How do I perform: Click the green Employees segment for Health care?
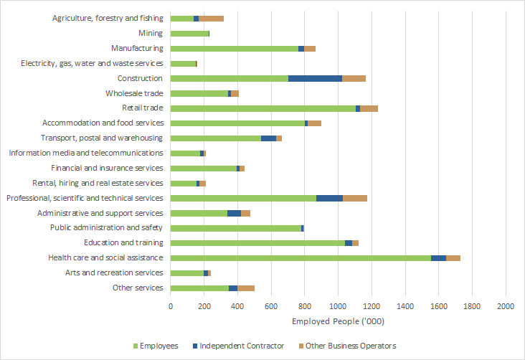click(x=301, y=257)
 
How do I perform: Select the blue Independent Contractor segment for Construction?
click(x=315, y=78)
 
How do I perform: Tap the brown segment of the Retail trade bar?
click(x=369, y=108)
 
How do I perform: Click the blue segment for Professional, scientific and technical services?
click(x=329, y=198)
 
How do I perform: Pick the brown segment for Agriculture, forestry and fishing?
click(x=211, y=18)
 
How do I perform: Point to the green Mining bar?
click(x=189, y=33)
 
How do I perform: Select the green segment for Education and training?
click(x=257, y=243)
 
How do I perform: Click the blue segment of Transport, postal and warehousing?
click(x=268, y=138)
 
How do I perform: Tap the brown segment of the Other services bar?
click(x=246, y=288)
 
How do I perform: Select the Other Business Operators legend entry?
click(x=351, y=346)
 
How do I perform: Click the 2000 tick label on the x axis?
click(x=506, y=306)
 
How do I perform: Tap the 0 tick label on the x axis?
click(x=171, y=306)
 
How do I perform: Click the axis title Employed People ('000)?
click(x=337, y=322)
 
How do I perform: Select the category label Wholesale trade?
click(x=134, y=93)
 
